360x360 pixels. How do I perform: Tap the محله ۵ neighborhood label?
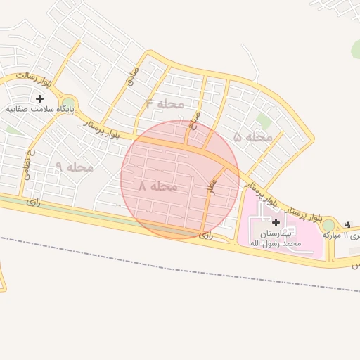[x=252, y=137]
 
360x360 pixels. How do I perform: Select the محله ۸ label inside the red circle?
[x=157, y=186]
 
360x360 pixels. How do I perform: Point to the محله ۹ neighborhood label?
[x=75, y=167]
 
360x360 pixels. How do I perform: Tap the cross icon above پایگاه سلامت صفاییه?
[x=39, y=98]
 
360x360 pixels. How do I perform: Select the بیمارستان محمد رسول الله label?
[x=275, y=237]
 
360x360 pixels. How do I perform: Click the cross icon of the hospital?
[x=275, y=222]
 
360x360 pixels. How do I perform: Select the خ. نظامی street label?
[x=30, y=163]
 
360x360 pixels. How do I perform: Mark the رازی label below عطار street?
[x=206, y=235]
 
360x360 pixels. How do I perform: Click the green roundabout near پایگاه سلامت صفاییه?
[x=68, y=105]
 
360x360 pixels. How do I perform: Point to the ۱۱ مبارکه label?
[x=344, y=235]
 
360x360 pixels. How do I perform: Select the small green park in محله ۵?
[x=264, y=120]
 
